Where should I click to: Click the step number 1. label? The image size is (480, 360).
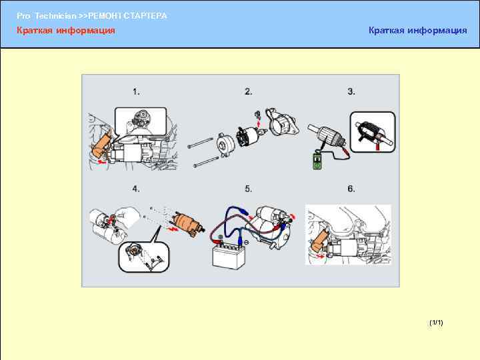136,92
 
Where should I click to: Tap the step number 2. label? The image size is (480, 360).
248,91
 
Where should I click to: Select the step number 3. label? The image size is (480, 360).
351,91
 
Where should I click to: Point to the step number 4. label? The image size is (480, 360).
136,189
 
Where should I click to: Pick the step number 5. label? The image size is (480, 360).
248,189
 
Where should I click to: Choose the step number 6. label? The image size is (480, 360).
351,189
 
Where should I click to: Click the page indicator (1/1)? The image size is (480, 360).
436,323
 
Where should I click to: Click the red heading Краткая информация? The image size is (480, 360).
66,30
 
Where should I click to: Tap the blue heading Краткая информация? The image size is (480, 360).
418,30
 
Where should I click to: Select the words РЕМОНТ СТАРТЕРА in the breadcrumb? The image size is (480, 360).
127,16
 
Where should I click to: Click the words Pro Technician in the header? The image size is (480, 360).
47,16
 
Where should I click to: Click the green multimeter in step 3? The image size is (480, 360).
317,161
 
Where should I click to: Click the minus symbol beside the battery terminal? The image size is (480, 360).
247,243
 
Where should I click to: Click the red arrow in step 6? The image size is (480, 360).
319,256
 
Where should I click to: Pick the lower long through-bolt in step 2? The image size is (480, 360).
206,162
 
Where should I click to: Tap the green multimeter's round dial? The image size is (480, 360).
317,166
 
